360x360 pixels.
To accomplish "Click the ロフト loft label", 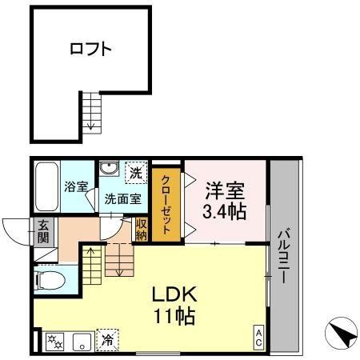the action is [x=90, y=49].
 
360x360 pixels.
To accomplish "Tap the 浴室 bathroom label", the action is [x=76, y=186].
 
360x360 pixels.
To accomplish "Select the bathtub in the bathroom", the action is [x=46, y=186].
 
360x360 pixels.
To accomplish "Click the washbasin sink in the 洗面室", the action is [x=109, y=169].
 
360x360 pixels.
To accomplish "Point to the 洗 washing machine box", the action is [x=136, y=173].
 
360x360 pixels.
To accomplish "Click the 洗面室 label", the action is [x=122, y=199].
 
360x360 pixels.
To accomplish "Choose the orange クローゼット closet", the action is [x=166, y=205].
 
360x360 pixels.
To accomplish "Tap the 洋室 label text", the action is [x=225, y=190].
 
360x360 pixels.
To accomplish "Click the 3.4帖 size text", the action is [x=224, y=212].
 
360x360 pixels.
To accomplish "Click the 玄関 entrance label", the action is [x=43, y=231].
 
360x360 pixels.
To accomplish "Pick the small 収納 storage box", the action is [x=142, y=230].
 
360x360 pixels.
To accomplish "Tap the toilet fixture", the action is [x=50, y=280].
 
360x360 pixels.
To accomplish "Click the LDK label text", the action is [x=174, y=294].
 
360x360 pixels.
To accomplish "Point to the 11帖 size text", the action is [x=174, y=316].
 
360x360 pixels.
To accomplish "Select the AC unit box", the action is [x=258, y=337].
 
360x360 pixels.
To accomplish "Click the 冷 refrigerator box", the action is [x=107, y=340].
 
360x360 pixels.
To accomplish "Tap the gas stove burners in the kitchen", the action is [x=55, y=342].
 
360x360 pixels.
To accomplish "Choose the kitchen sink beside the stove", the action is [x=82, y=342].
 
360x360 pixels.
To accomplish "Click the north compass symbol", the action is [x=341, y=333].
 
